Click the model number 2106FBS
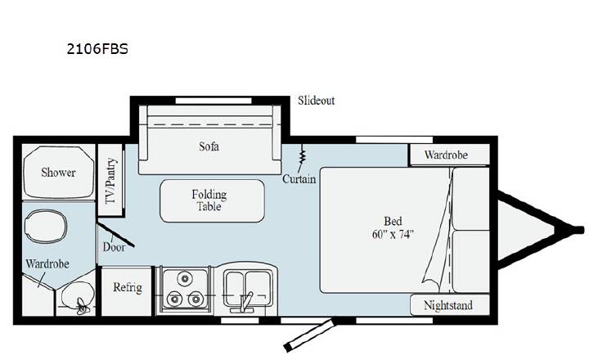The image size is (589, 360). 97,49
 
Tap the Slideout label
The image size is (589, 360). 316,101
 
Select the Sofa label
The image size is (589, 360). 209,146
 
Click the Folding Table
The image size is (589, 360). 212,200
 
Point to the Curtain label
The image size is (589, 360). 299,179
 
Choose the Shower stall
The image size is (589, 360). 58,172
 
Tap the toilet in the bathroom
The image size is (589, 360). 46,227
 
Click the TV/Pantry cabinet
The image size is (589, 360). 110,180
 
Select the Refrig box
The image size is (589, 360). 127,291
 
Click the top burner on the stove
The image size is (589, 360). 184,278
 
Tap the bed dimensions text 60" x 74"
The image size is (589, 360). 393,234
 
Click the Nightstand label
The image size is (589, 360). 448,305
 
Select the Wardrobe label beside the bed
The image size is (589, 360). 447,155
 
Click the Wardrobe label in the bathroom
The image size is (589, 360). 47,263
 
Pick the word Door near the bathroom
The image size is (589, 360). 114,247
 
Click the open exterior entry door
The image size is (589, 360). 309,335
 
